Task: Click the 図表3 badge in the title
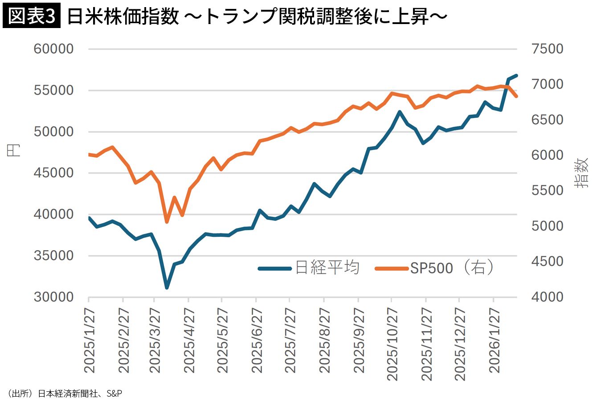31,17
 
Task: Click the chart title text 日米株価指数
123,17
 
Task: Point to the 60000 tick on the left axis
53,49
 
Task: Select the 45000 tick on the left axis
53,173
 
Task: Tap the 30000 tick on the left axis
53,297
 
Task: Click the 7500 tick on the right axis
547,49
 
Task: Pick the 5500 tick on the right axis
547,191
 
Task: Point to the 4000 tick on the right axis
547,297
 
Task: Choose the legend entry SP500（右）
452,268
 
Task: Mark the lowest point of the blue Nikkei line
167,288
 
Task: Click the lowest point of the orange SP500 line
167,222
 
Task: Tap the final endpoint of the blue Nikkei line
516,76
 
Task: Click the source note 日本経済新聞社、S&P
80,394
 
